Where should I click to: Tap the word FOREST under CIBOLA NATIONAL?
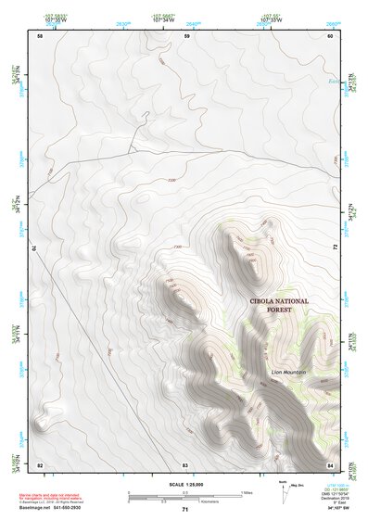click(278, 311)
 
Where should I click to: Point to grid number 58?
click(39, 36)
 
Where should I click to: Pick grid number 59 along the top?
click(186, 36)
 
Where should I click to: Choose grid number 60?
click(330, 36)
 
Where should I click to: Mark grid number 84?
click(330, 463)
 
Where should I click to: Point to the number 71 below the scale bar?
click(185, 510)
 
